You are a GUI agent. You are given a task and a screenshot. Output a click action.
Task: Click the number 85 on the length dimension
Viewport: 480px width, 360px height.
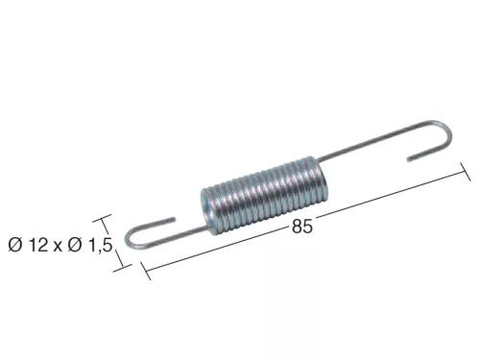[x=301, y=227]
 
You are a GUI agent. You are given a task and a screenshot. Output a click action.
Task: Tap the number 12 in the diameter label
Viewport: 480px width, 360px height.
[x=38, y=245]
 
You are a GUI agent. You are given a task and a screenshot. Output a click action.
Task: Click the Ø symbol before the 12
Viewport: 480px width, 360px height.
[x=15, y=245]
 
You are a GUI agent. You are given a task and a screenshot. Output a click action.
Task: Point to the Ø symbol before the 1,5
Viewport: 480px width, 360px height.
[x=75, y=245]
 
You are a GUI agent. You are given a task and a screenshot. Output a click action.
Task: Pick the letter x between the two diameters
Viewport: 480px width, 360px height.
[x=58, y=247]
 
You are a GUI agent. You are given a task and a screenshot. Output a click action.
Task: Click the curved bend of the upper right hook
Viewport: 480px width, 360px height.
[x=446, y=131]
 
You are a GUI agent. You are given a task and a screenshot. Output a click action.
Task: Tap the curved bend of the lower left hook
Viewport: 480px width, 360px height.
[x=129, y=238]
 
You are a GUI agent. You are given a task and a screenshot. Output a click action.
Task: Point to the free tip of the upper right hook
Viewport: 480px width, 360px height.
[x=409, y=159]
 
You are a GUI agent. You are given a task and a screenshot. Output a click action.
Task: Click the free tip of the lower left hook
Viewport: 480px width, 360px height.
[x=174, y=219]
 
